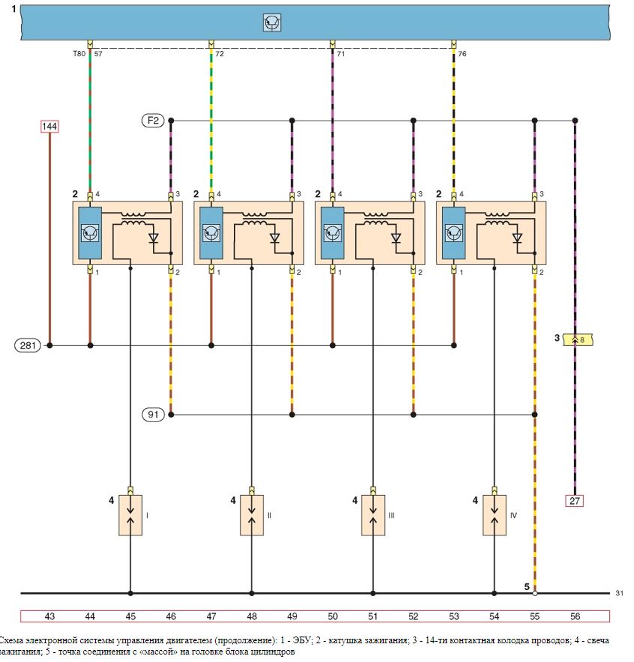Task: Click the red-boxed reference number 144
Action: pyautogui.click(x=49, y=127)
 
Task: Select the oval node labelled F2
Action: pyautogui.click(x=153, y=121)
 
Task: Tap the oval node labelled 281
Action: pyautogui.click(x=28, y=345)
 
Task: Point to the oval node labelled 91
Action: pyautogui.click(x=153, y=415)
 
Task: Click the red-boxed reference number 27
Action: pyautogui.click(x=575, y=501)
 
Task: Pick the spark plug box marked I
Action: pyautogui.click(x=130, y=515)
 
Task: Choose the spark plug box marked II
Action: pyautogui.click(x=252, y=515)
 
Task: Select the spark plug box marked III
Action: pyautogui.click(x=373, y=515)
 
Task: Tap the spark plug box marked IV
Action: pyautogui.click(x=494, y=515)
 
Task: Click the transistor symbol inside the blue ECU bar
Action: pyautogui.click(x=272, y=22)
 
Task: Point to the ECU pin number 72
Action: pyautogui.click(x=220, y=54)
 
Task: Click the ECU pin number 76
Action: pyautogui.click(x=462, y=54)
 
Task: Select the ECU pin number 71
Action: pyautogui.click(x=341, y=54)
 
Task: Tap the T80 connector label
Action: pyautogui.click(x=79, y=54)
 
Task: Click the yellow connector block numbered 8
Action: pyautogui.click(x=579, y=339)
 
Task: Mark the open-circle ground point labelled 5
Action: pyautogui.click(x=535, y=593)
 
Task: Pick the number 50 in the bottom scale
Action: pyautogui.click(x=333, y=616)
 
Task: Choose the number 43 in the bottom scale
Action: pyautogui.click(x=49, y=616)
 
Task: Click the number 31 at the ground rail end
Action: pyautogui.click(x=619, y=593)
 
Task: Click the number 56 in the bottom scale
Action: pyautogui.click(x=575, y=616)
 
